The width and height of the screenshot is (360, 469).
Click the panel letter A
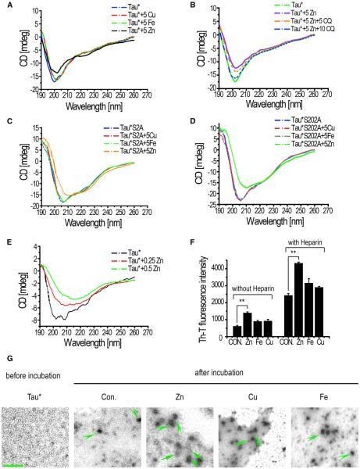point(5,6)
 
